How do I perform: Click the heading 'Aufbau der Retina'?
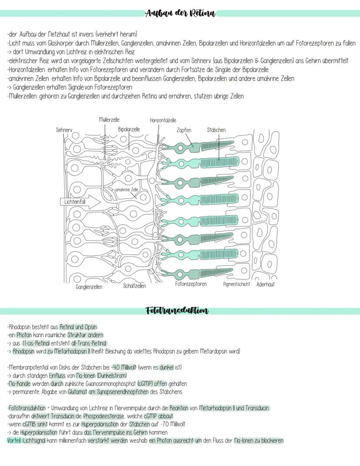tap(180, 13)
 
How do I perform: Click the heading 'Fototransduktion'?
tap(177, 311)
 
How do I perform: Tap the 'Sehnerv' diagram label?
tap(64, 130)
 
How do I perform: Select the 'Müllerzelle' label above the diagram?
tap(109, 120)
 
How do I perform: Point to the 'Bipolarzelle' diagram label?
tap(129, 129)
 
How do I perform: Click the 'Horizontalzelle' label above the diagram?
tap(163, 121)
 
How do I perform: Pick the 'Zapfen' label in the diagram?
tap(184, 130)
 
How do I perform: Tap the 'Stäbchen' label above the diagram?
tap(216, 130)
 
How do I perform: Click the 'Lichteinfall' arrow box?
tap(77, 202)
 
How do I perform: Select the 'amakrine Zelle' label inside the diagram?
tap(127, 190)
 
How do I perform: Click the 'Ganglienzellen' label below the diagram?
tap(89, 287)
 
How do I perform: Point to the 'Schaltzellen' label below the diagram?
tap(134, 286)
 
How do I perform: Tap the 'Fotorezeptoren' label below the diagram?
tap(191, 284)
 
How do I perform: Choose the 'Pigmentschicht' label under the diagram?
tap(236, 285)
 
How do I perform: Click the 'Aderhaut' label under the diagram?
tap(266, 285)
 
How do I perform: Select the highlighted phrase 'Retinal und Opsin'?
tap(78, 327)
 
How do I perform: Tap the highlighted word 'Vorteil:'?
tap(14, 440)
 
